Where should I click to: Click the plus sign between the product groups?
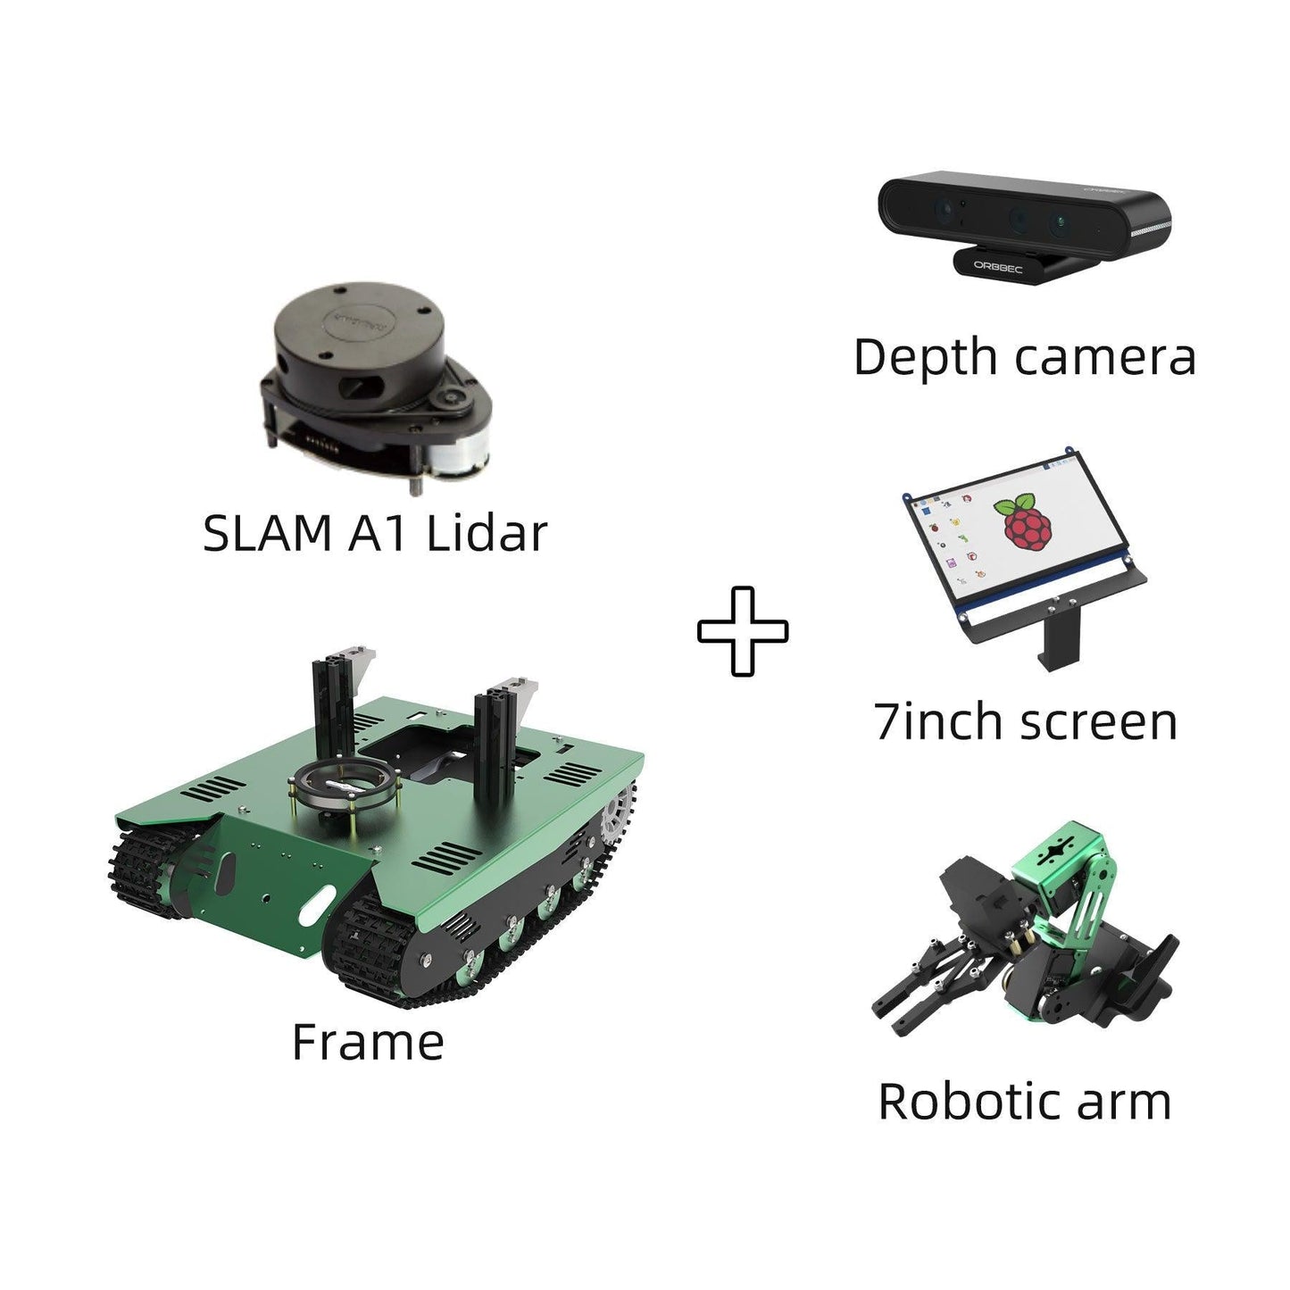(x=743, y=631)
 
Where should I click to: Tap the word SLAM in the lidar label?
(x=267, y=534)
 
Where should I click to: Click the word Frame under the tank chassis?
(x=368, y=1043)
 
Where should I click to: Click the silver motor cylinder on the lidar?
(x=456, y=460)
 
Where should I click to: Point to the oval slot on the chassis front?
(x=317, y=906)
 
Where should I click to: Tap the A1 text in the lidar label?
(x=378, y=534)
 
